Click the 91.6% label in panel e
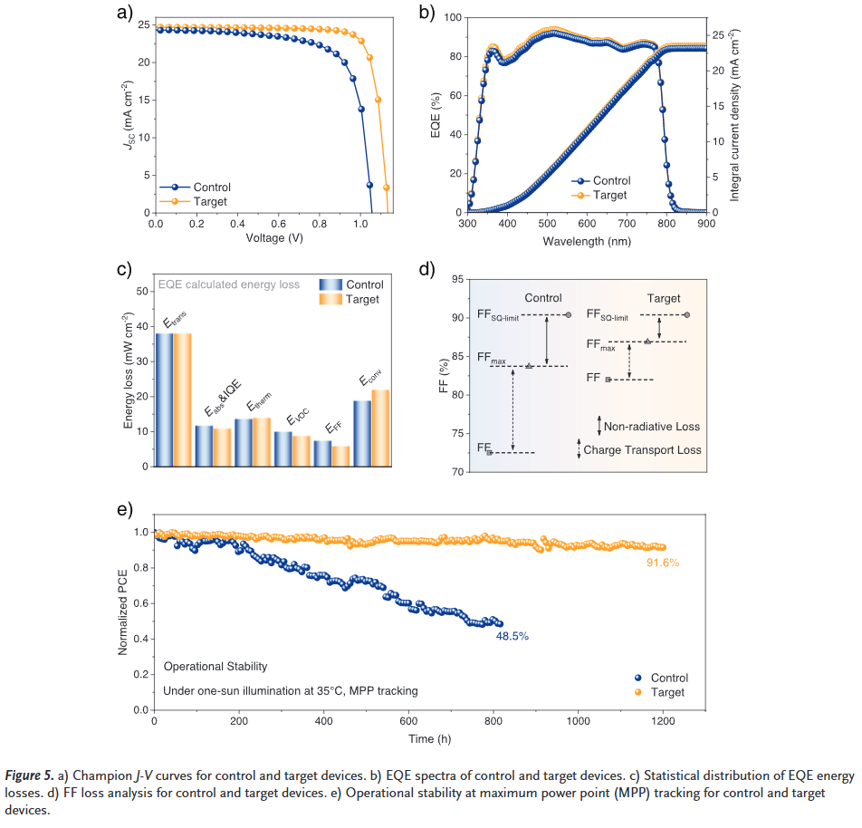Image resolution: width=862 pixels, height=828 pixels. (x=661, y=563)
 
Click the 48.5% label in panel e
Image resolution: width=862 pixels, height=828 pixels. (x=512, y=637)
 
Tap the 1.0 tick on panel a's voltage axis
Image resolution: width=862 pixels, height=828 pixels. (x=360, y=223)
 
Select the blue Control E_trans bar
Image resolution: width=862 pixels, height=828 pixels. (x=164, y=400)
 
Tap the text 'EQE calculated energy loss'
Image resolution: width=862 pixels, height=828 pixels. (x=229, y=284)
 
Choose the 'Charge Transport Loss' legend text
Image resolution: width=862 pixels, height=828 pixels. (x=642, y=449)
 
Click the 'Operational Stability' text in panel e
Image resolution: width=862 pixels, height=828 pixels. (x=215, y=667)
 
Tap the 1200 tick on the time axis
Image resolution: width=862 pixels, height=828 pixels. (x=662, y=721)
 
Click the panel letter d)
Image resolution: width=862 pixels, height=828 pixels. (x=427, y=269)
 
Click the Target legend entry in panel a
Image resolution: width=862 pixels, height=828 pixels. (x=209, y=202)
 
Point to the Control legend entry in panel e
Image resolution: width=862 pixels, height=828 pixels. (x=669, y=678)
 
